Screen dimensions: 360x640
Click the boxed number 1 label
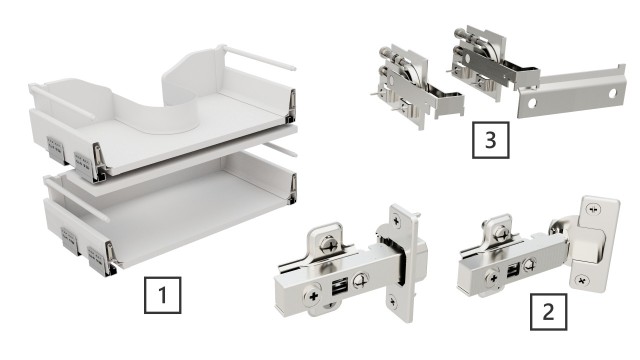pyautogui.click(x=164, y=297)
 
